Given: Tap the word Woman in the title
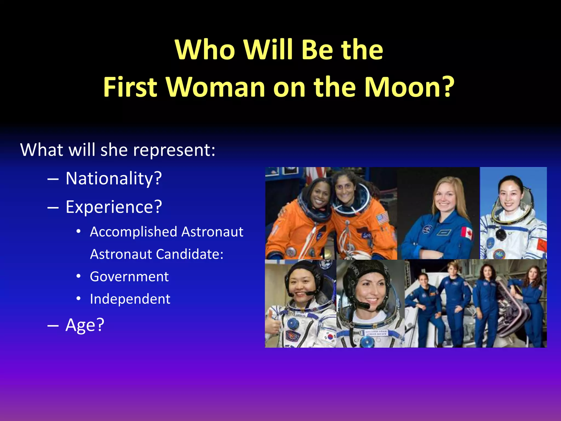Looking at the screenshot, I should [x=215, y=87].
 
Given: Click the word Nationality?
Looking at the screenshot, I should [x=114, y=178].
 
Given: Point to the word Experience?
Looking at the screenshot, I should [x=114, y=207].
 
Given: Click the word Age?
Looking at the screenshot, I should [x=85, y=325].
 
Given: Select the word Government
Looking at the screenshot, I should [x=129, y=277].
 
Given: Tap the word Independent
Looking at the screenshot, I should [x=130, y=299].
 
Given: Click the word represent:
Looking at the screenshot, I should [x=174, y=150].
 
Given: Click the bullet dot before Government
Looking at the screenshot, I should [x=79, y=277].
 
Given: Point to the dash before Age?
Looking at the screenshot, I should [x=53, y=325].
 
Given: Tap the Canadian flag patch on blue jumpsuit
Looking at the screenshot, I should [x=467, y=233].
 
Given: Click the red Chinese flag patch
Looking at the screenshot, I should [x=542, y=245].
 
